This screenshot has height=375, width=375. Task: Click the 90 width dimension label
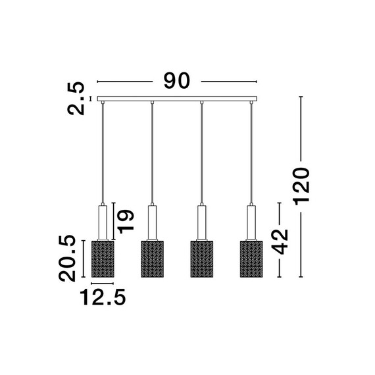[177, 81]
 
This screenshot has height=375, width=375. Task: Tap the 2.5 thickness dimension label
[76, 99]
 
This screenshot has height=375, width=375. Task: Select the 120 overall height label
[301, 187]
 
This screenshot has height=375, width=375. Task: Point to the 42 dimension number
[280, 241]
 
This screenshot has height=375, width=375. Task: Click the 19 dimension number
[126, 222]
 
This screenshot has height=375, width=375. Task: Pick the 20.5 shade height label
[67, 258]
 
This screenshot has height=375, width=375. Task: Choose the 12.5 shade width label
[103, 297]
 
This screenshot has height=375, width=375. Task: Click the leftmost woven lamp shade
[103, 259]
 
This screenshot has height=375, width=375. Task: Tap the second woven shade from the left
[152, 259]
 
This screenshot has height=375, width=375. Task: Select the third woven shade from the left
[201, 259]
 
